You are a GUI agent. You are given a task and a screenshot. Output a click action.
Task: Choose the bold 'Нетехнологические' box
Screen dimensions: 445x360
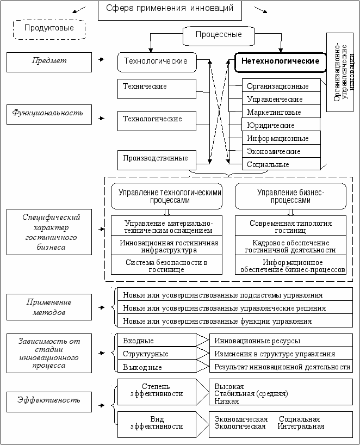coord(280,61)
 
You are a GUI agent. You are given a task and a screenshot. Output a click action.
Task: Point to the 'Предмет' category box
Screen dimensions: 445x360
coord(49,61)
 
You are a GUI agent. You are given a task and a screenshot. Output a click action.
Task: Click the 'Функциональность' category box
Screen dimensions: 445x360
coord(49,113)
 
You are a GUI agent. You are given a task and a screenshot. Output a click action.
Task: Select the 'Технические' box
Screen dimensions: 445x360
coord(157,86)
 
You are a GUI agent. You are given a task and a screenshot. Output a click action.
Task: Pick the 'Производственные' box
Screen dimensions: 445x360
coord(157,158)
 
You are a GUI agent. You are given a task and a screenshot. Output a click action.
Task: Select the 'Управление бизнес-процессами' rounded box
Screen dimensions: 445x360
coord(290,196)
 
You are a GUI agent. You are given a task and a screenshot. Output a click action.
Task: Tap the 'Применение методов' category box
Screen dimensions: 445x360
coord(49,308)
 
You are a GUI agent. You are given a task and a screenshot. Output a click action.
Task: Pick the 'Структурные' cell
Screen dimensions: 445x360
coord(157,354)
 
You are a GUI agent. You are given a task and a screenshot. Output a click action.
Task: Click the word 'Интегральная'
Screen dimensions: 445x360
coord(301,427)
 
